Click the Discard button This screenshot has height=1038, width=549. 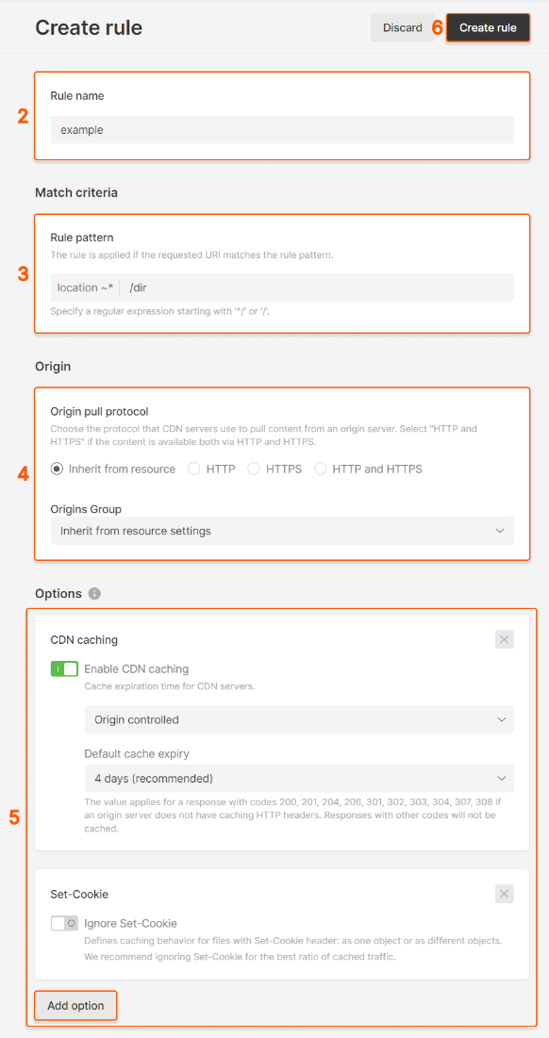click(x=402, y=28)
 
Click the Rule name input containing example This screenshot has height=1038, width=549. click(x=282, y=130)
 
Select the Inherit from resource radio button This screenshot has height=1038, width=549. click(x=58, y=469)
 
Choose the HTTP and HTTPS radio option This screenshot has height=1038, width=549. click(x=321, y=469)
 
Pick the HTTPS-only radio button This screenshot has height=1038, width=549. click(x=254, y=469)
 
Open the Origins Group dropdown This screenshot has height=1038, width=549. click(x=282, y=531)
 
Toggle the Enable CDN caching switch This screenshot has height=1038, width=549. click(x=64, y=669)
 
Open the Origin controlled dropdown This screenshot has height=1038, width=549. click(x=298, y=719)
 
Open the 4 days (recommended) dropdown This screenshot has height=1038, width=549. click(x=298, y=779)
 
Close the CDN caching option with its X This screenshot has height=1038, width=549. click(x=505, y=640)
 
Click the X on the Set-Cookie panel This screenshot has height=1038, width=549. click(x=505, y=894)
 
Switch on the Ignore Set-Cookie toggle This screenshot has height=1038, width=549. click(x=64, y=924)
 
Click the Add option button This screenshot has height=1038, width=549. click(x=75, y=1006)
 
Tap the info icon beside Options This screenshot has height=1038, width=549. click(x=94, y=594)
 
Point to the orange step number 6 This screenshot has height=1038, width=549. click(x=437, y=28)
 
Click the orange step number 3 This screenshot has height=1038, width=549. click(x=24, y=274)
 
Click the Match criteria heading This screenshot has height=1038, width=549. click(x=76, y=192)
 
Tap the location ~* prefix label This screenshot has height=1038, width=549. click(x=85, y=288)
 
